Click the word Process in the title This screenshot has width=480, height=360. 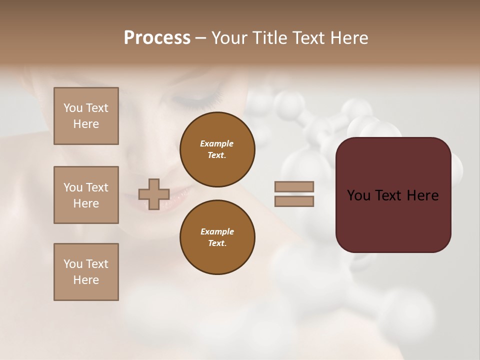click(157, 37)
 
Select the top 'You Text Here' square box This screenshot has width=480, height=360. click(86, 116)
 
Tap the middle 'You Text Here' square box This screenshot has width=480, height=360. click(86, 195)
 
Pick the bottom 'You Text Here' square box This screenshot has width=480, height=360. click(86, 272)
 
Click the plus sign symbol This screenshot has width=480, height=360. click(154, 194)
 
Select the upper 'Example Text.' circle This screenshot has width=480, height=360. click(217, 149)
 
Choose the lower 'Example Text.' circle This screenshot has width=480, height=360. click(217, 237)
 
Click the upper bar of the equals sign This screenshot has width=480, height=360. click(294, 187)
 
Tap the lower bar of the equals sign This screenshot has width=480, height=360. click(294, 201)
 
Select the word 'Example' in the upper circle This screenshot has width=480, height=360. click(217, 143)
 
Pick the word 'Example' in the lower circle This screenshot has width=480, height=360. click(217, 231)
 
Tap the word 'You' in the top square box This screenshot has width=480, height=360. click(73, 108)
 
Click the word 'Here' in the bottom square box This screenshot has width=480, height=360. click(86, 280)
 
